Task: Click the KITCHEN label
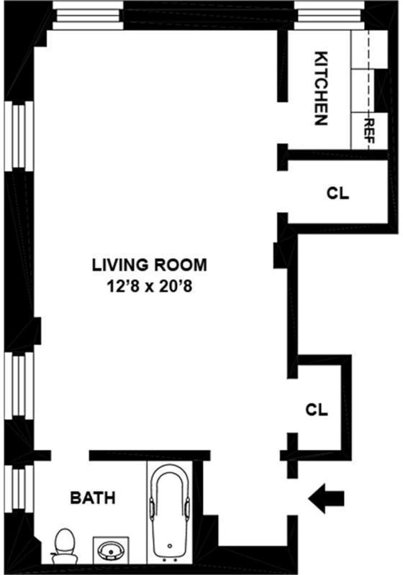pos(321,88)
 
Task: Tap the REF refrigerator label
pos(368,131)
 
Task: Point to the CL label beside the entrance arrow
pos(317,410)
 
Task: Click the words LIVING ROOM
pos(149,264)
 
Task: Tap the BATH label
pos(93,497)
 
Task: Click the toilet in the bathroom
pos(65,546)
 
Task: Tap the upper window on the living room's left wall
pos(19,136)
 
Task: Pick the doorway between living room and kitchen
pos(283,123)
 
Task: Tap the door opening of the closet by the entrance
pos(292,405)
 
